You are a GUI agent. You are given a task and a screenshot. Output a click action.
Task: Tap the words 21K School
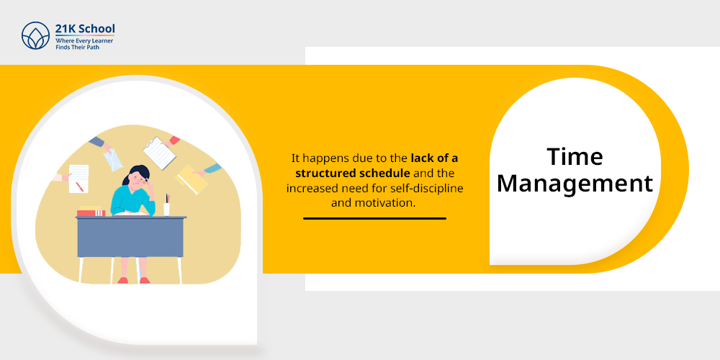(x=84, y=29)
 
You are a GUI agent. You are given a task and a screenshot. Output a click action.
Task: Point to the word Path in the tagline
(x=102, y=45)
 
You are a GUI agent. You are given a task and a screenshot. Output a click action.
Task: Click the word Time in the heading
(x=575, y=156)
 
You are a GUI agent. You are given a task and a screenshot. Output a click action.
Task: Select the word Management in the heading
(x=575, y=184)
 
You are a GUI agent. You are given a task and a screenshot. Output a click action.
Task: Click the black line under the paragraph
(x=374, y=217)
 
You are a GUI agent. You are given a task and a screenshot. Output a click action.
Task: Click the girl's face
(x=136, y=181)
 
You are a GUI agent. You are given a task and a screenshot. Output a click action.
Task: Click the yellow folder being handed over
(x=192, y=179)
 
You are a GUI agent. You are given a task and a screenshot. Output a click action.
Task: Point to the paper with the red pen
(x=78, y=179)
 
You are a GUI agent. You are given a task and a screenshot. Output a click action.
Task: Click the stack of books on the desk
(x=91, y=212)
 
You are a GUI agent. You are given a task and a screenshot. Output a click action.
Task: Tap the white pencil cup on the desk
(x=167, y=209)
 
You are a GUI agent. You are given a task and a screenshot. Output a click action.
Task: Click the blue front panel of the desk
(x=130, y=238)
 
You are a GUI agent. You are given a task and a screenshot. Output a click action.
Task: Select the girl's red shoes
(x=133, y=280)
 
